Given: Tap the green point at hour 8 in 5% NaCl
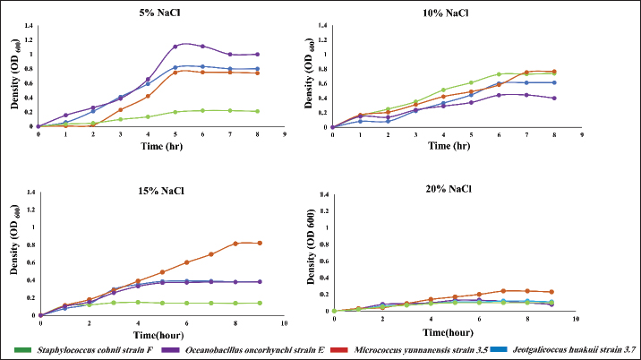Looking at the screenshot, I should (x=257, y=111).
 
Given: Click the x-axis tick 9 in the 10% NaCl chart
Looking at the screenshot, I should (x=581, y=135).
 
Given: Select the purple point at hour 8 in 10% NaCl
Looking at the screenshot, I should (x=554, y=99).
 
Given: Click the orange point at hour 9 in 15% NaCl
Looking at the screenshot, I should (x=260, y=243).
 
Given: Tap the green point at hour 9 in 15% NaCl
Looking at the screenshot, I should (x=260, y=303).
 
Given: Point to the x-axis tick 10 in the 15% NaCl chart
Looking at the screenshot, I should (x=284, y=321).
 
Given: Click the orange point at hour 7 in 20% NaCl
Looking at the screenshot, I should (x=504, y=290).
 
